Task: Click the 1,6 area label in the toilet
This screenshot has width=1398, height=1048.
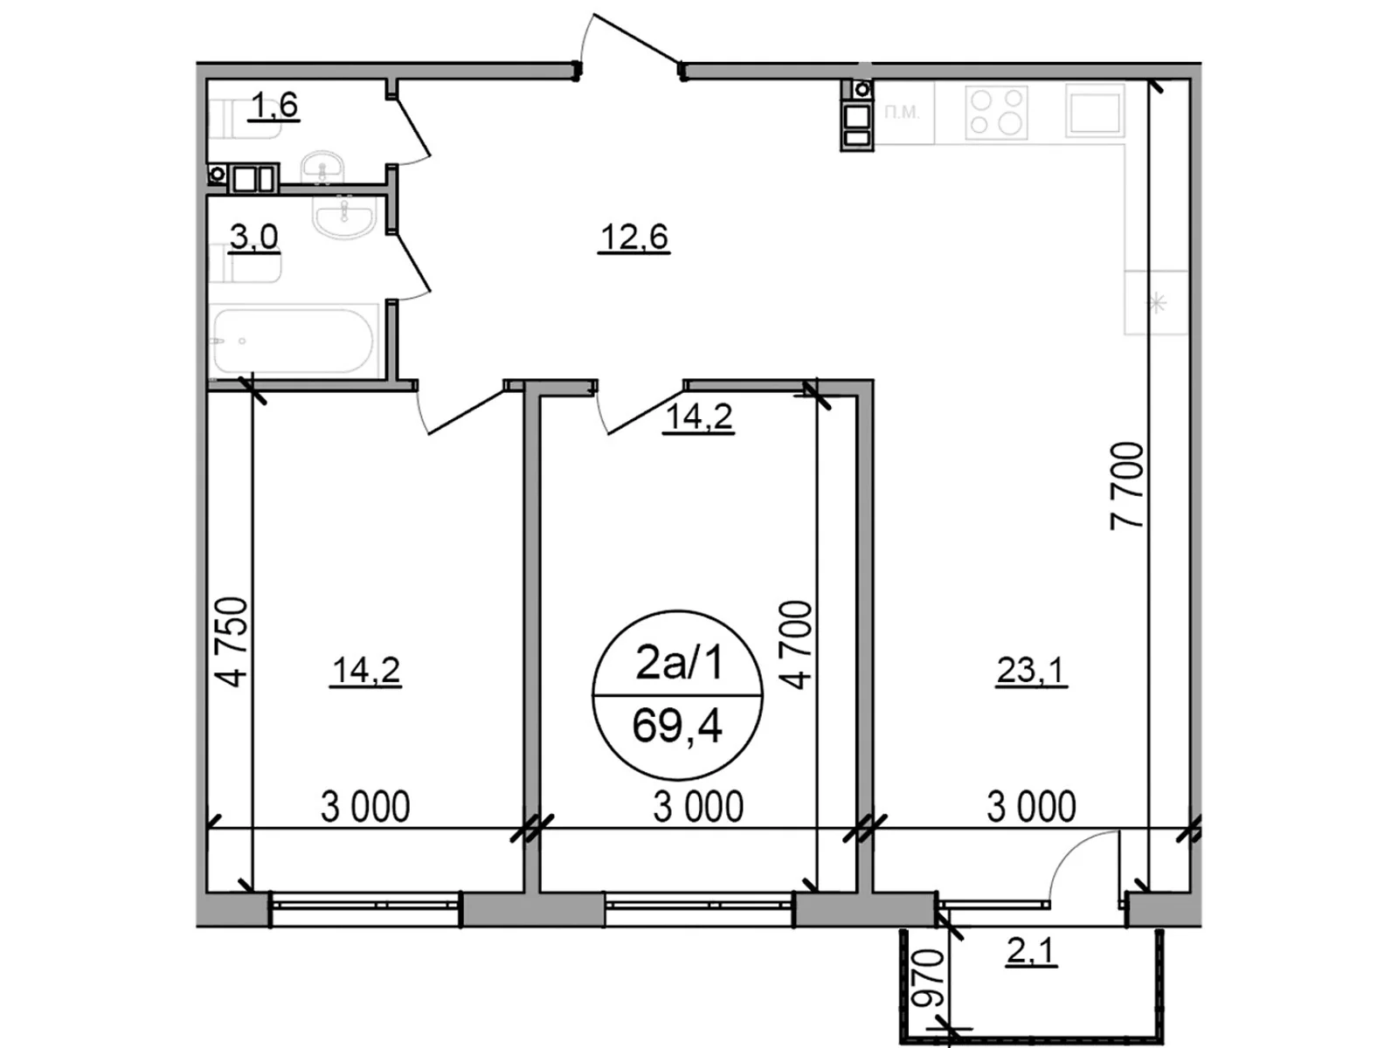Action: click(x=273, y=106)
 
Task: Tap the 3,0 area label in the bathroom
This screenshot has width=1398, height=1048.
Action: click(x=253, y=237)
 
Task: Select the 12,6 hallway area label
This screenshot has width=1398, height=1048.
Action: click(x=634, y=237)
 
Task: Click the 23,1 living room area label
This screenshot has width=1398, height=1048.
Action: click(x=1031, y=671)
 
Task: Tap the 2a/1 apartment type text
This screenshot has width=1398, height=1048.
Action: click(x=679, y=663)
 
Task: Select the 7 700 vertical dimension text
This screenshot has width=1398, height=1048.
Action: click(x=1127, y=486)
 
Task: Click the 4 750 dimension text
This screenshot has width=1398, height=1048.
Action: click(x=233, y=641)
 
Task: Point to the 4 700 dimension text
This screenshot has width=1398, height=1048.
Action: click(x=797, y=645)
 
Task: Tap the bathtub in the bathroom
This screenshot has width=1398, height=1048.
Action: click(x=294, y=340)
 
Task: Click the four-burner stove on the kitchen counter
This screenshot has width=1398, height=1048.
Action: click(x=997, y=112)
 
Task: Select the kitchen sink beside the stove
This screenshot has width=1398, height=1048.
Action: click(x=1095, y=111)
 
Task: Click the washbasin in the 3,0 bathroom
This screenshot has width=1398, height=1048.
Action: click(x=344, y=216)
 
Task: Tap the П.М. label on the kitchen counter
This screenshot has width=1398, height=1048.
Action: click(x=902, y=112)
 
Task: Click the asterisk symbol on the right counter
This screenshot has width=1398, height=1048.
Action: click(x=1157, y=303)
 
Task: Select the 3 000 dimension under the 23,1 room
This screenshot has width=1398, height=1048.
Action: click(x=1031, y=807)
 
